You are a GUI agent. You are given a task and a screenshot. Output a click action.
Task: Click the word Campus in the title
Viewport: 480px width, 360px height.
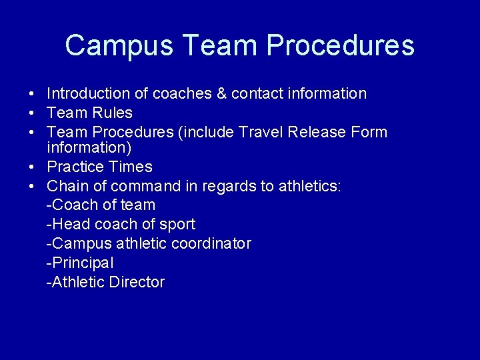coord(119,46)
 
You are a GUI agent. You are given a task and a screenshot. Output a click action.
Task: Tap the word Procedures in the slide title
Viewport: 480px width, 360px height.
coord(340,46)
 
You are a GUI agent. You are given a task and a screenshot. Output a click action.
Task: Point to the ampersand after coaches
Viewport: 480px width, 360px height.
coord(222,93)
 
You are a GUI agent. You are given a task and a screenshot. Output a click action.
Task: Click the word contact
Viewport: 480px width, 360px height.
coord(257,93)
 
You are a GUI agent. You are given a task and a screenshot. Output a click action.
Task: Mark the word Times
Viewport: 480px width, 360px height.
coord(132,167)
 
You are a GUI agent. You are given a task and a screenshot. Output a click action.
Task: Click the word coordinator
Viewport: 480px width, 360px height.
coord(211,243)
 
